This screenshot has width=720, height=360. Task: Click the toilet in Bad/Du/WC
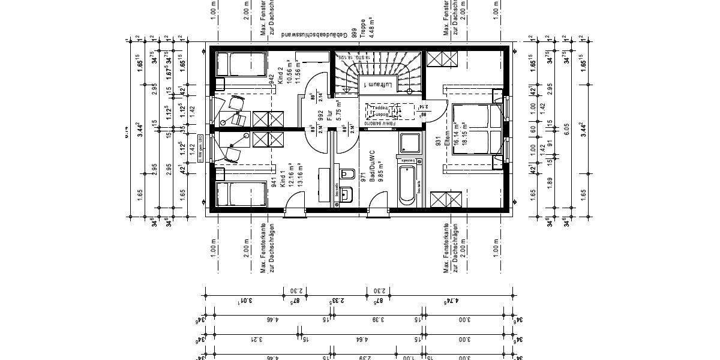click(x=346, y=174)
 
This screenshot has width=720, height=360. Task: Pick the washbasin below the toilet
click(x=346, y=194)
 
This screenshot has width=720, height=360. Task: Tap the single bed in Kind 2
click(x=241, y=64)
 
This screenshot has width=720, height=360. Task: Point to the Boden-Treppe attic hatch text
click(x=383, y=112)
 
